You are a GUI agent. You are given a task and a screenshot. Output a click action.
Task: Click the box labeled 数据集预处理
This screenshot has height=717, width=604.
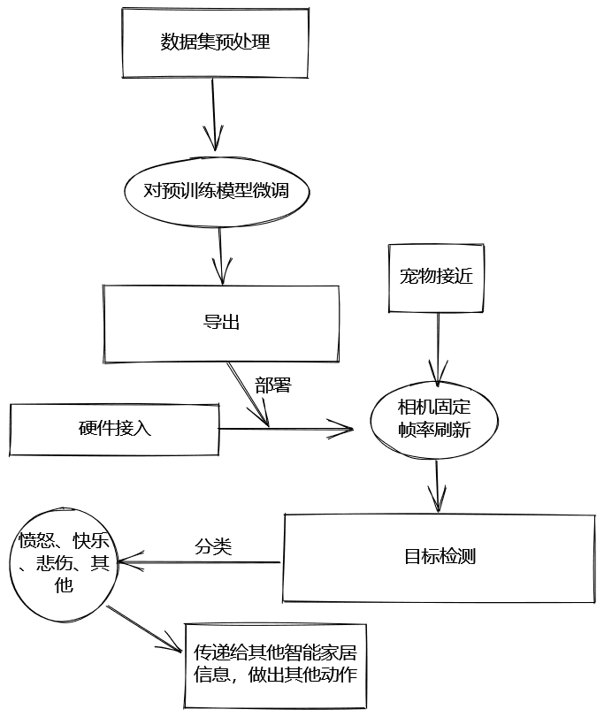tap(215, 42)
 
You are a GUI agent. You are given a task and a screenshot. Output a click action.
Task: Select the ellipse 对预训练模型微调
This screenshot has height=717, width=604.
tap(216, 190)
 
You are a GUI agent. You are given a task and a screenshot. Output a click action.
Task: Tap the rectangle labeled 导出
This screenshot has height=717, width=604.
tap(221, 323)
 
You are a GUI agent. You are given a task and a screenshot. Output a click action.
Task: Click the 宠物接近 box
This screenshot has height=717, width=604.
tap(436, 277)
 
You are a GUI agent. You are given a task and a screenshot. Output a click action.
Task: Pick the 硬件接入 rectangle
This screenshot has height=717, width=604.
tap(114, 430)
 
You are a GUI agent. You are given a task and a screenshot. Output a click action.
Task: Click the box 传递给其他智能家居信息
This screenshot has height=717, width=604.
tap(274, 664)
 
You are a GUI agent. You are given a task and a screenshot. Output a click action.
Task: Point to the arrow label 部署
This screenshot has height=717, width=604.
tap(273, 385)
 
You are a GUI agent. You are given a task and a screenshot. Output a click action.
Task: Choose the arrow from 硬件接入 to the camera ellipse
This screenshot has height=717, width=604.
tap(283, 430)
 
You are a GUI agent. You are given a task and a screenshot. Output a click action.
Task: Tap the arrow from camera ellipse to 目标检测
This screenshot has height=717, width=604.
tap(436, 486)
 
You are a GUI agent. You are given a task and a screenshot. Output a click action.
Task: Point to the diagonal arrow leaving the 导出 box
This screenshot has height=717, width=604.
tap(247, 393)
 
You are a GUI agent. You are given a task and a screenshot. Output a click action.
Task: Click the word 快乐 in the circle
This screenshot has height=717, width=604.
tap(91, 541)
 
